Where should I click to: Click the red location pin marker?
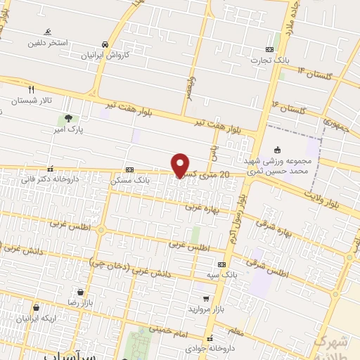[x=180, y=165]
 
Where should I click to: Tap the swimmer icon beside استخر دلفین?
[x=48, y=32]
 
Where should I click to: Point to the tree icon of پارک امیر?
[x=68, y=118]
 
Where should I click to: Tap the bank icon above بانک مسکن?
[x=129, y=169]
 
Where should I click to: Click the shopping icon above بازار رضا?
[x=81, y=291]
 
